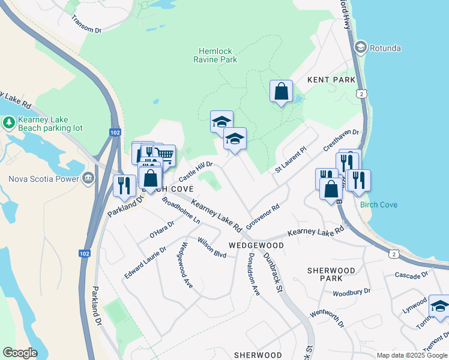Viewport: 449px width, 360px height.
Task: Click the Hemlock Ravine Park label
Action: click(x=215, y=55)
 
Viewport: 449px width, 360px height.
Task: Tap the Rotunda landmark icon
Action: click(x=361, y=46)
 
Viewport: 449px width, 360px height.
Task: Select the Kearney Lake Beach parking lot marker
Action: click(x=9, y=123)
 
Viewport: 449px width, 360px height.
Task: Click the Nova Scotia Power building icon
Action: click(x=88, y=178)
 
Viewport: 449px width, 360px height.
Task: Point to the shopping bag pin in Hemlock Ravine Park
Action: click(x=281, y=92)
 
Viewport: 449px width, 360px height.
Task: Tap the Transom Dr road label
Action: click(x=86, y=24)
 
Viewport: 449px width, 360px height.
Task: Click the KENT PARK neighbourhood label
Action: click(x=331, y=79)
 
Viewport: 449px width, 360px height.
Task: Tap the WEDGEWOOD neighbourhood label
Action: click(x=256, y=246)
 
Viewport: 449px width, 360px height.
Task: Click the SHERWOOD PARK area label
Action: click(x=331, y=274)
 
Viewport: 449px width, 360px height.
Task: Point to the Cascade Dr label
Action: click(x=411, y=275)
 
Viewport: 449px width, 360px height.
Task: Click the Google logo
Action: click(x=20, y=353)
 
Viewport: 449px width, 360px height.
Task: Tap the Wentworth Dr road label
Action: click(x=328, y=319)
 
